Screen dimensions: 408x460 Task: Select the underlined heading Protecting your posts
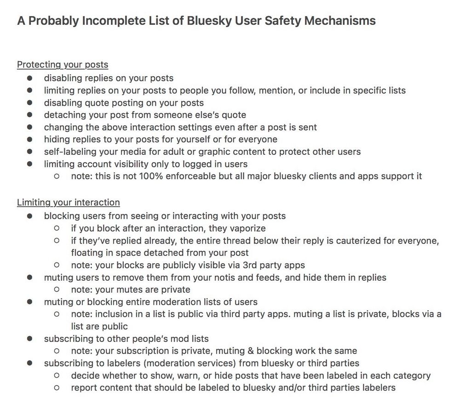(x=63, y=65)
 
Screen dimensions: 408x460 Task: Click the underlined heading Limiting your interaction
(x=68, y=203)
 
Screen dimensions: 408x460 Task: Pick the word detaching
(x=63, y=115)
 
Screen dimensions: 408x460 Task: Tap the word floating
(x=87, y=253)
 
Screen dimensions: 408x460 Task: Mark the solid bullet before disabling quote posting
(x=30, y=103)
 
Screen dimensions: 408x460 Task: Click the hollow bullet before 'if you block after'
(x=57, y=228)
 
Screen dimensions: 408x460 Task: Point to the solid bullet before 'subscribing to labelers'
(x=30, y=363)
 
